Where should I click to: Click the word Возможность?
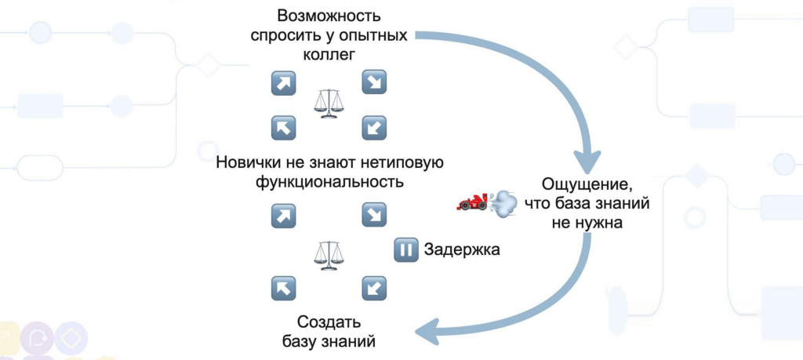click(329, 16)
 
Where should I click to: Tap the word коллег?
click(329, 55)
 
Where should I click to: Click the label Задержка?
click(461, 250)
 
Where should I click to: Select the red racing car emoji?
click(472, 202)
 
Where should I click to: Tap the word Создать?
click(329, 322)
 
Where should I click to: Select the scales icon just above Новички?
click(328, 103)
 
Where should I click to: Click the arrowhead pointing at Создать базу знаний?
click(423, 332)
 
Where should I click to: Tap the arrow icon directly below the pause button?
click(373, 288)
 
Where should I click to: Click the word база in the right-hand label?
click(595, 205)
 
